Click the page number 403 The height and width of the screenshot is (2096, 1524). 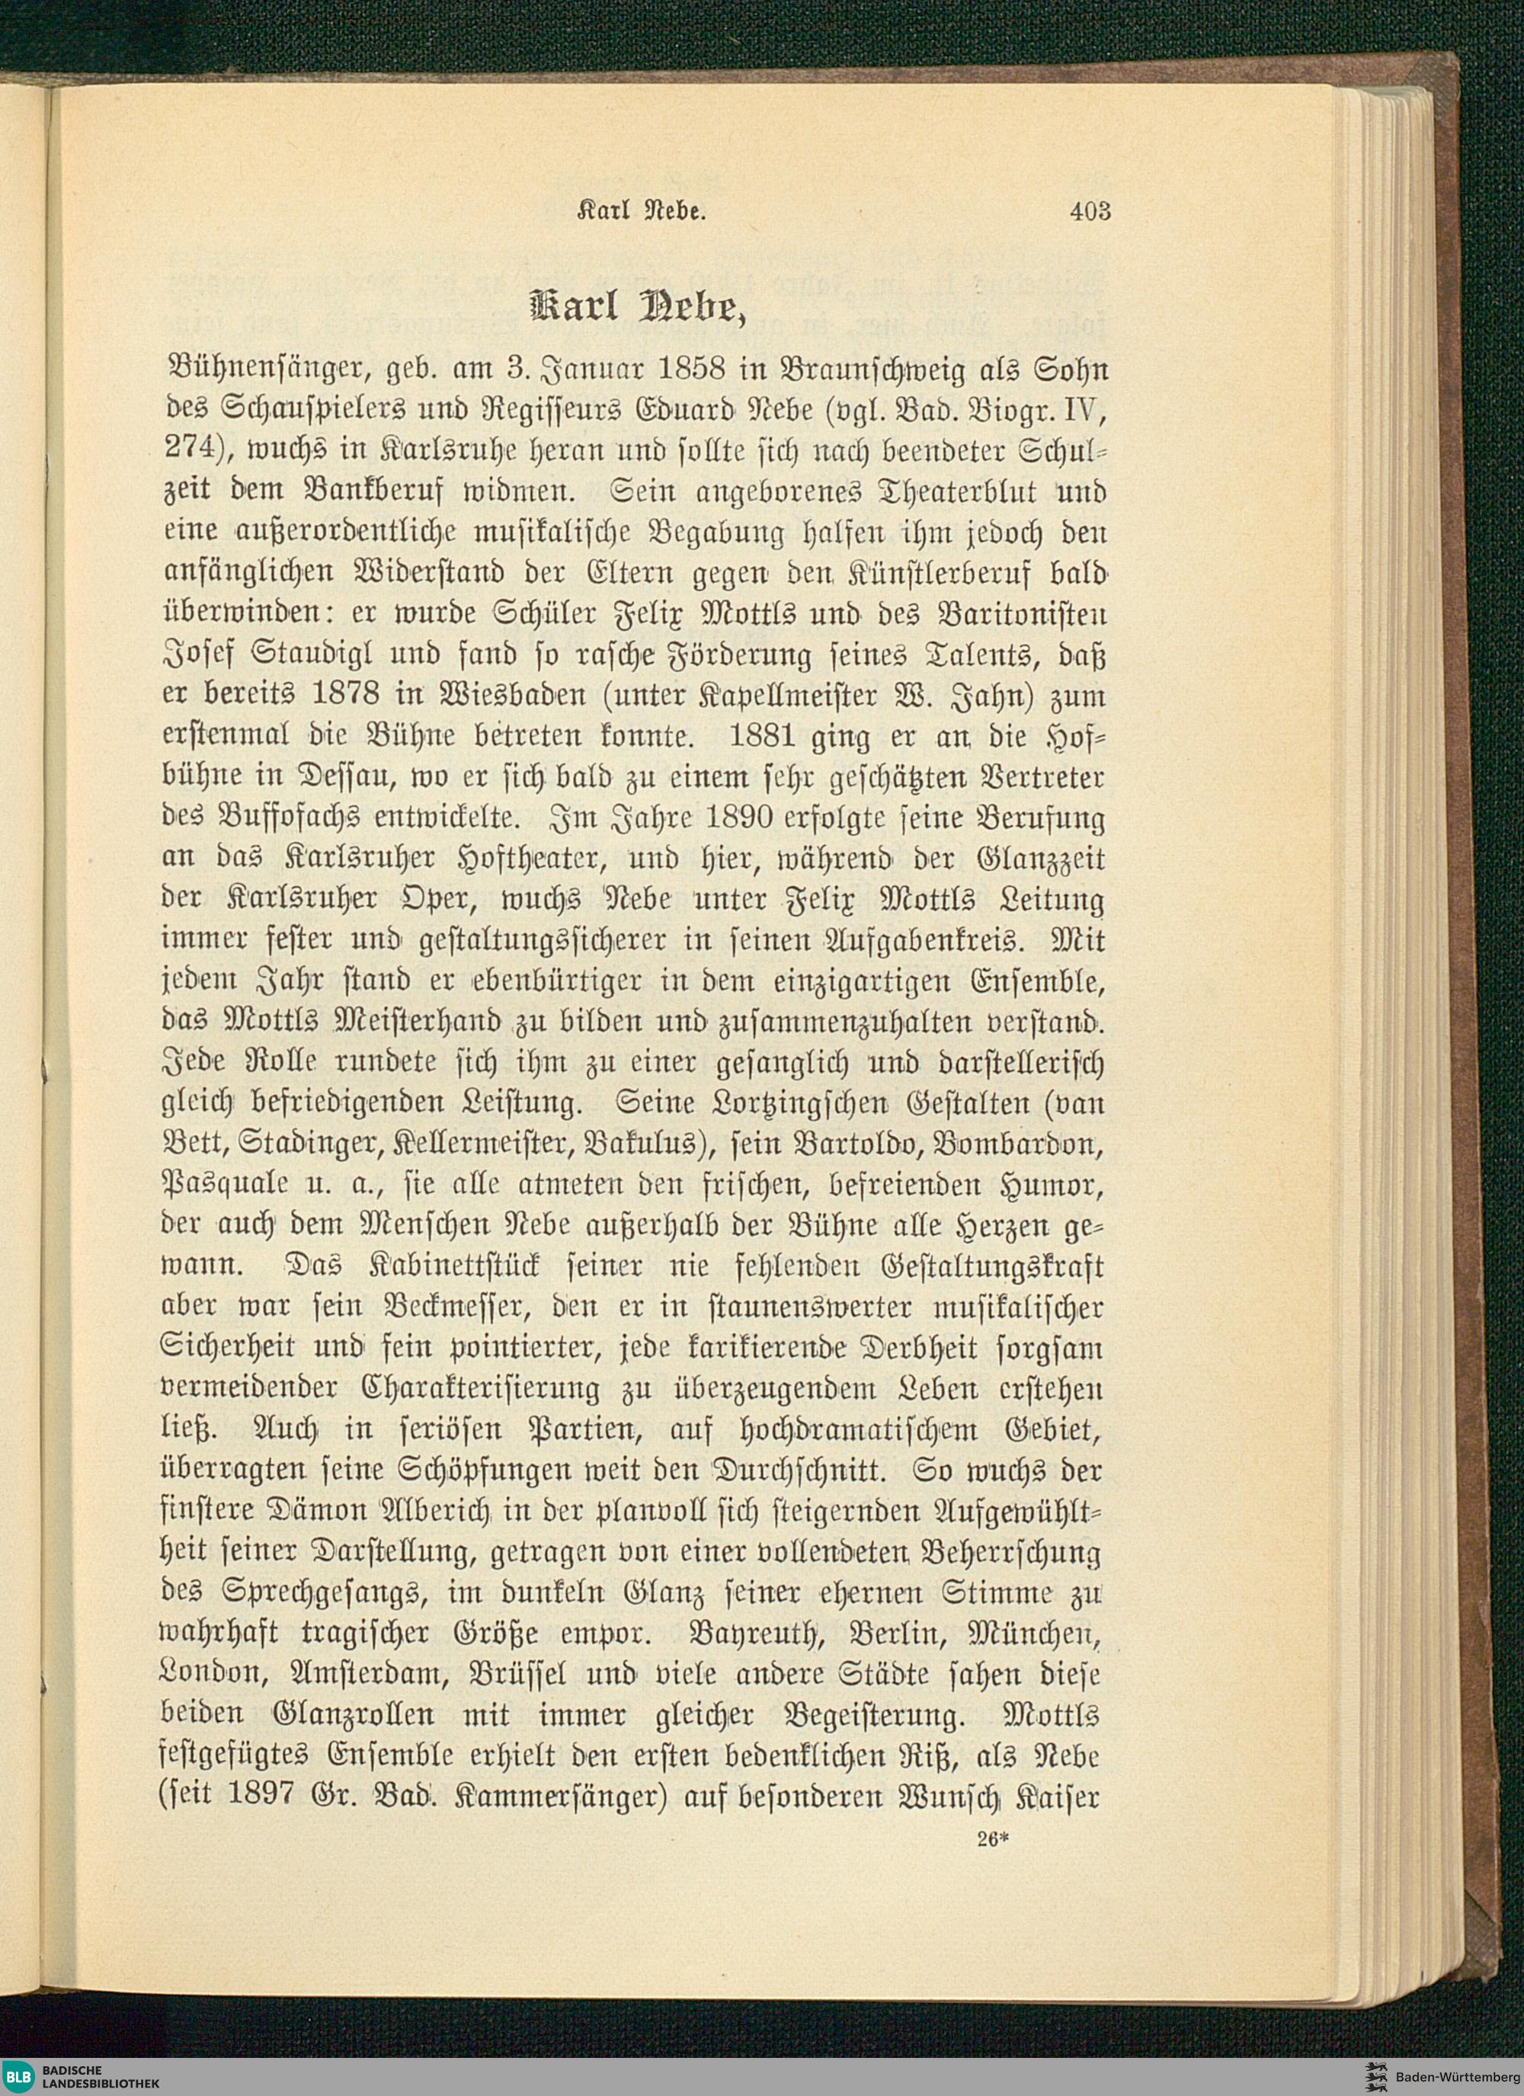[x=1090, y=212]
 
